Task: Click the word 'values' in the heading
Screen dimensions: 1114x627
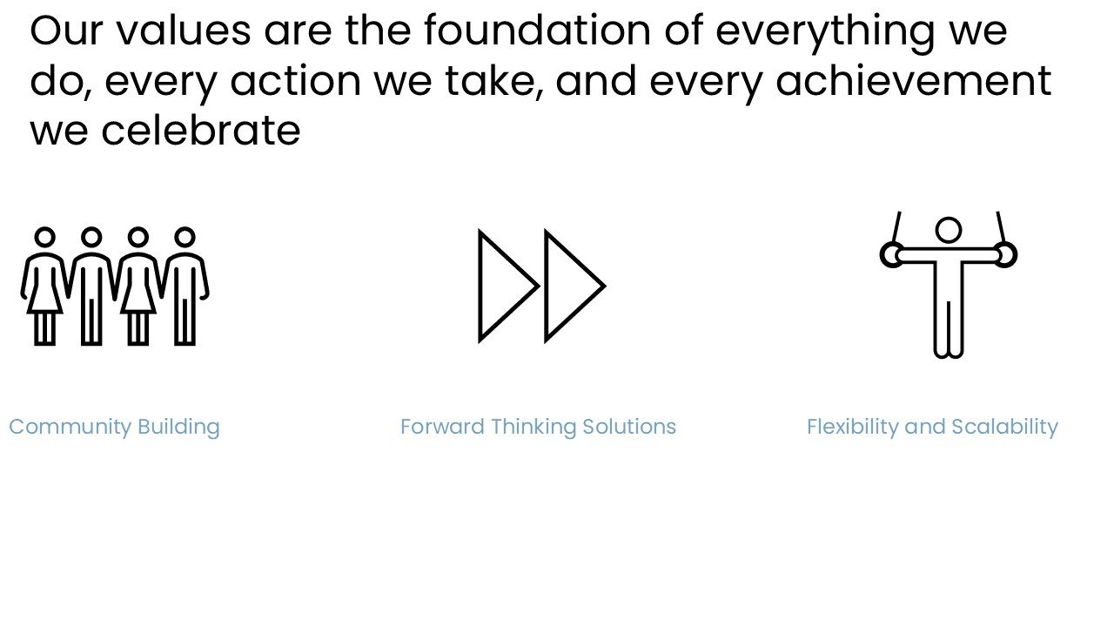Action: click(x=184, y=30)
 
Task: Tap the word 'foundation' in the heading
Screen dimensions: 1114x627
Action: click(x=537, y=30)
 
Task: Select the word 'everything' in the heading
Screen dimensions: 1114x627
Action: click(x=826, y=34)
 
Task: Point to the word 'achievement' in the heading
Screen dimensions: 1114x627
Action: click(x=914, y=81)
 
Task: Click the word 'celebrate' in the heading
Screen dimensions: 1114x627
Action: click(x=201, y=131)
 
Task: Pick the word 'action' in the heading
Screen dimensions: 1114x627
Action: click(x=295, y=81)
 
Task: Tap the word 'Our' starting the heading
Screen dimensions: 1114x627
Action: click(x=66, y=30)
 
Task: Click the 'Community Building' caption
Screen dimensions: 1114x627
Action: click(x=114, y=428)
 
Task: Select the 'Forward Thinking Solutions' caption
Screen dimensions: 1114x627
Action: click(x=538, y=428)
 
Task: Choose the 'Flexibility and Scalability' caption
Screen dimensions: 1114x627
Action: click(x=932, y=428)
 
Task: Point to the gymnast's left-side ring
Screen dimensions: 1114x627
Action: click(x=882, y=255)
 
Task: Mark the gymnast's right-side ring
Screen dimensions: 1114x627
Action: click(x=1015, y=255)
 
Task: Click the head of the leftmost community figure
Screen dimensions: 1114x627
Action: click(x=44, y=228)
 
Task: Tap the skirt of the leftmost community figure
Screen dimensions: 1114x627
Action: click(x=44, y=299)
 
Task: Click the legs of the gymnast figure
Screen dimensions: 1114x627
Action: click(x=949, y=328)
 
